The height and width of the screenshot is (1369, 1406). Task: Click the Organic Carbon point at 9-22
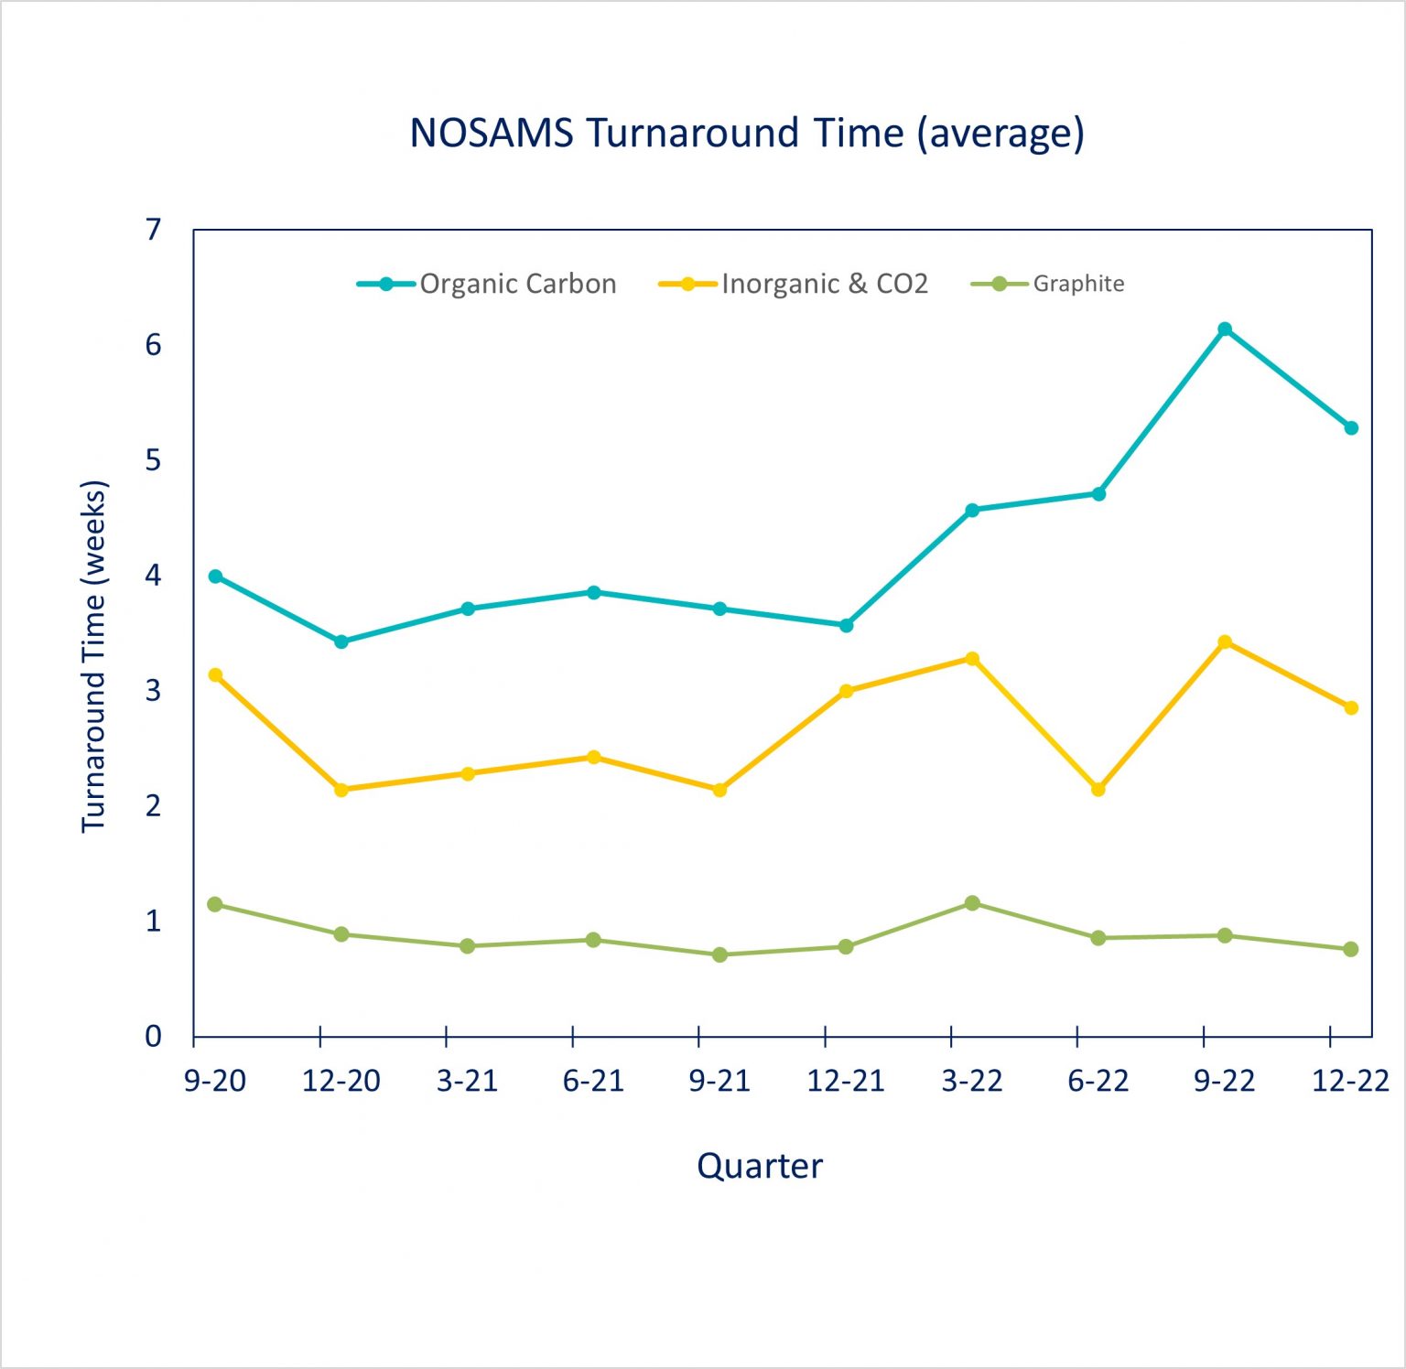[1225, 329]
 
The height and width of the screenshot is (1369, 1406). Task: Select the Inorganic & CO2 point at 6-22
[1098, 789]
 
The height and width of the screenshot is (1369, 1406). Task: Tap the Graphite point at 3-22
[972, 903]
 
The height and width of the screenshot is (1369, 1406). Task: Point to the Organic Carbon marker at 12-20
[341, 641]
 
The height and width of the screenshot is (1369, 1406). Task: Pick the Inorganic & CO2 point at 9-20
[215, 675]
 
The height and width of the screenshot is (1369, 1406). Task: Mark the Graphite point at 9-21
[719, 954]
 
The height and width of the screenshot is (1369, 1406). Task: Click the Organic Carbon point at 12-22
[1351, 428]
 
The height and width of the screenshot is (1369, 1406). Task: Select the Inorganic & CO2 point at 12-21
[846, 691]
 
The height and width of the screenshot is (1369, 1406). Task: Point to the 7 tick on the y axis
[153, 229]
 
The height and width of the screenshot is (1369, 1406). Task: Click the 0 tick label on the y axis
[153, 1036]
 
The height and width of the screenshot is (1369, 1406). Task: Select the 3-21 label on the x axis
[467, 1081]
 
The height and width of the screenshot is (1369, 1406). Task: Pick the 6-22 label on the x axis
[1098, 1081]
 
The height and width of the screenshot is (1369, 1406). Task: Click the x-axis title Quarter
[760, 1166]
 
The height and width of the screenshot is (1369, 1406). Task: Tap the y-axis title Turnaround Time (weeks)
[94, 655]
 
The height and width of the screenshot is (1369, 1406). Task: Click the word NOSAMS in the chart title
[491, 133]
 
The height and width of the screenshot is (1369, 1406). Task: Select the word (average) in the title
[1000, 133]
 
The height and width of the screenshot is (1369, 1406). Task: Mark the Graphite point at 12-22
[1351, 949]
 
